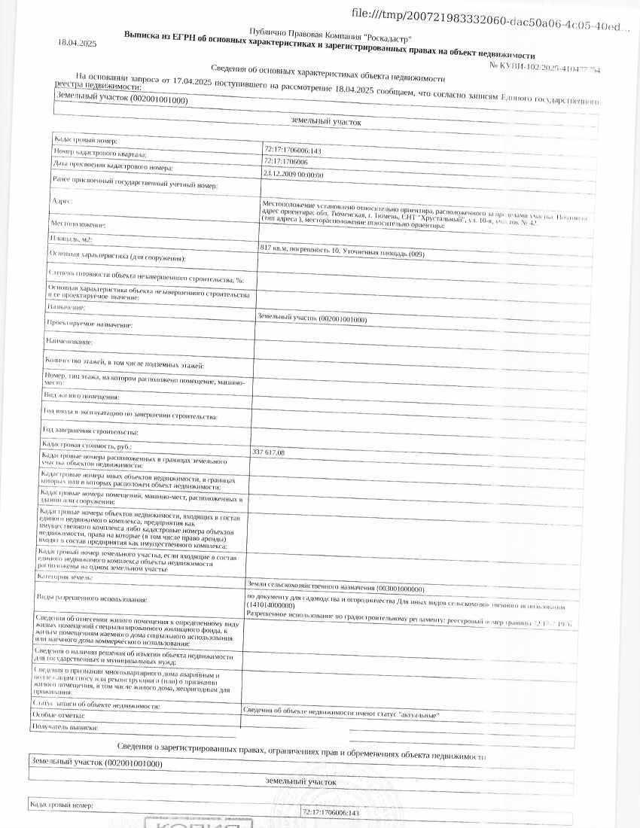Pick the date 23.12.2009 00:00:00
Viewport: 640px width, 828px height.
coord(293,174)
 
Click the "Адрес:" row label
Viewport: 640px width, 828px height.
coord(60,202)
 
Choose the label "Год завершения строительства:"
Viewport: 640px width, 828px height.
coord(90,431)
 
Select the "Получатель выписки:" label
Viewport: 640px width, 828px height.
coord(65,728)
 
